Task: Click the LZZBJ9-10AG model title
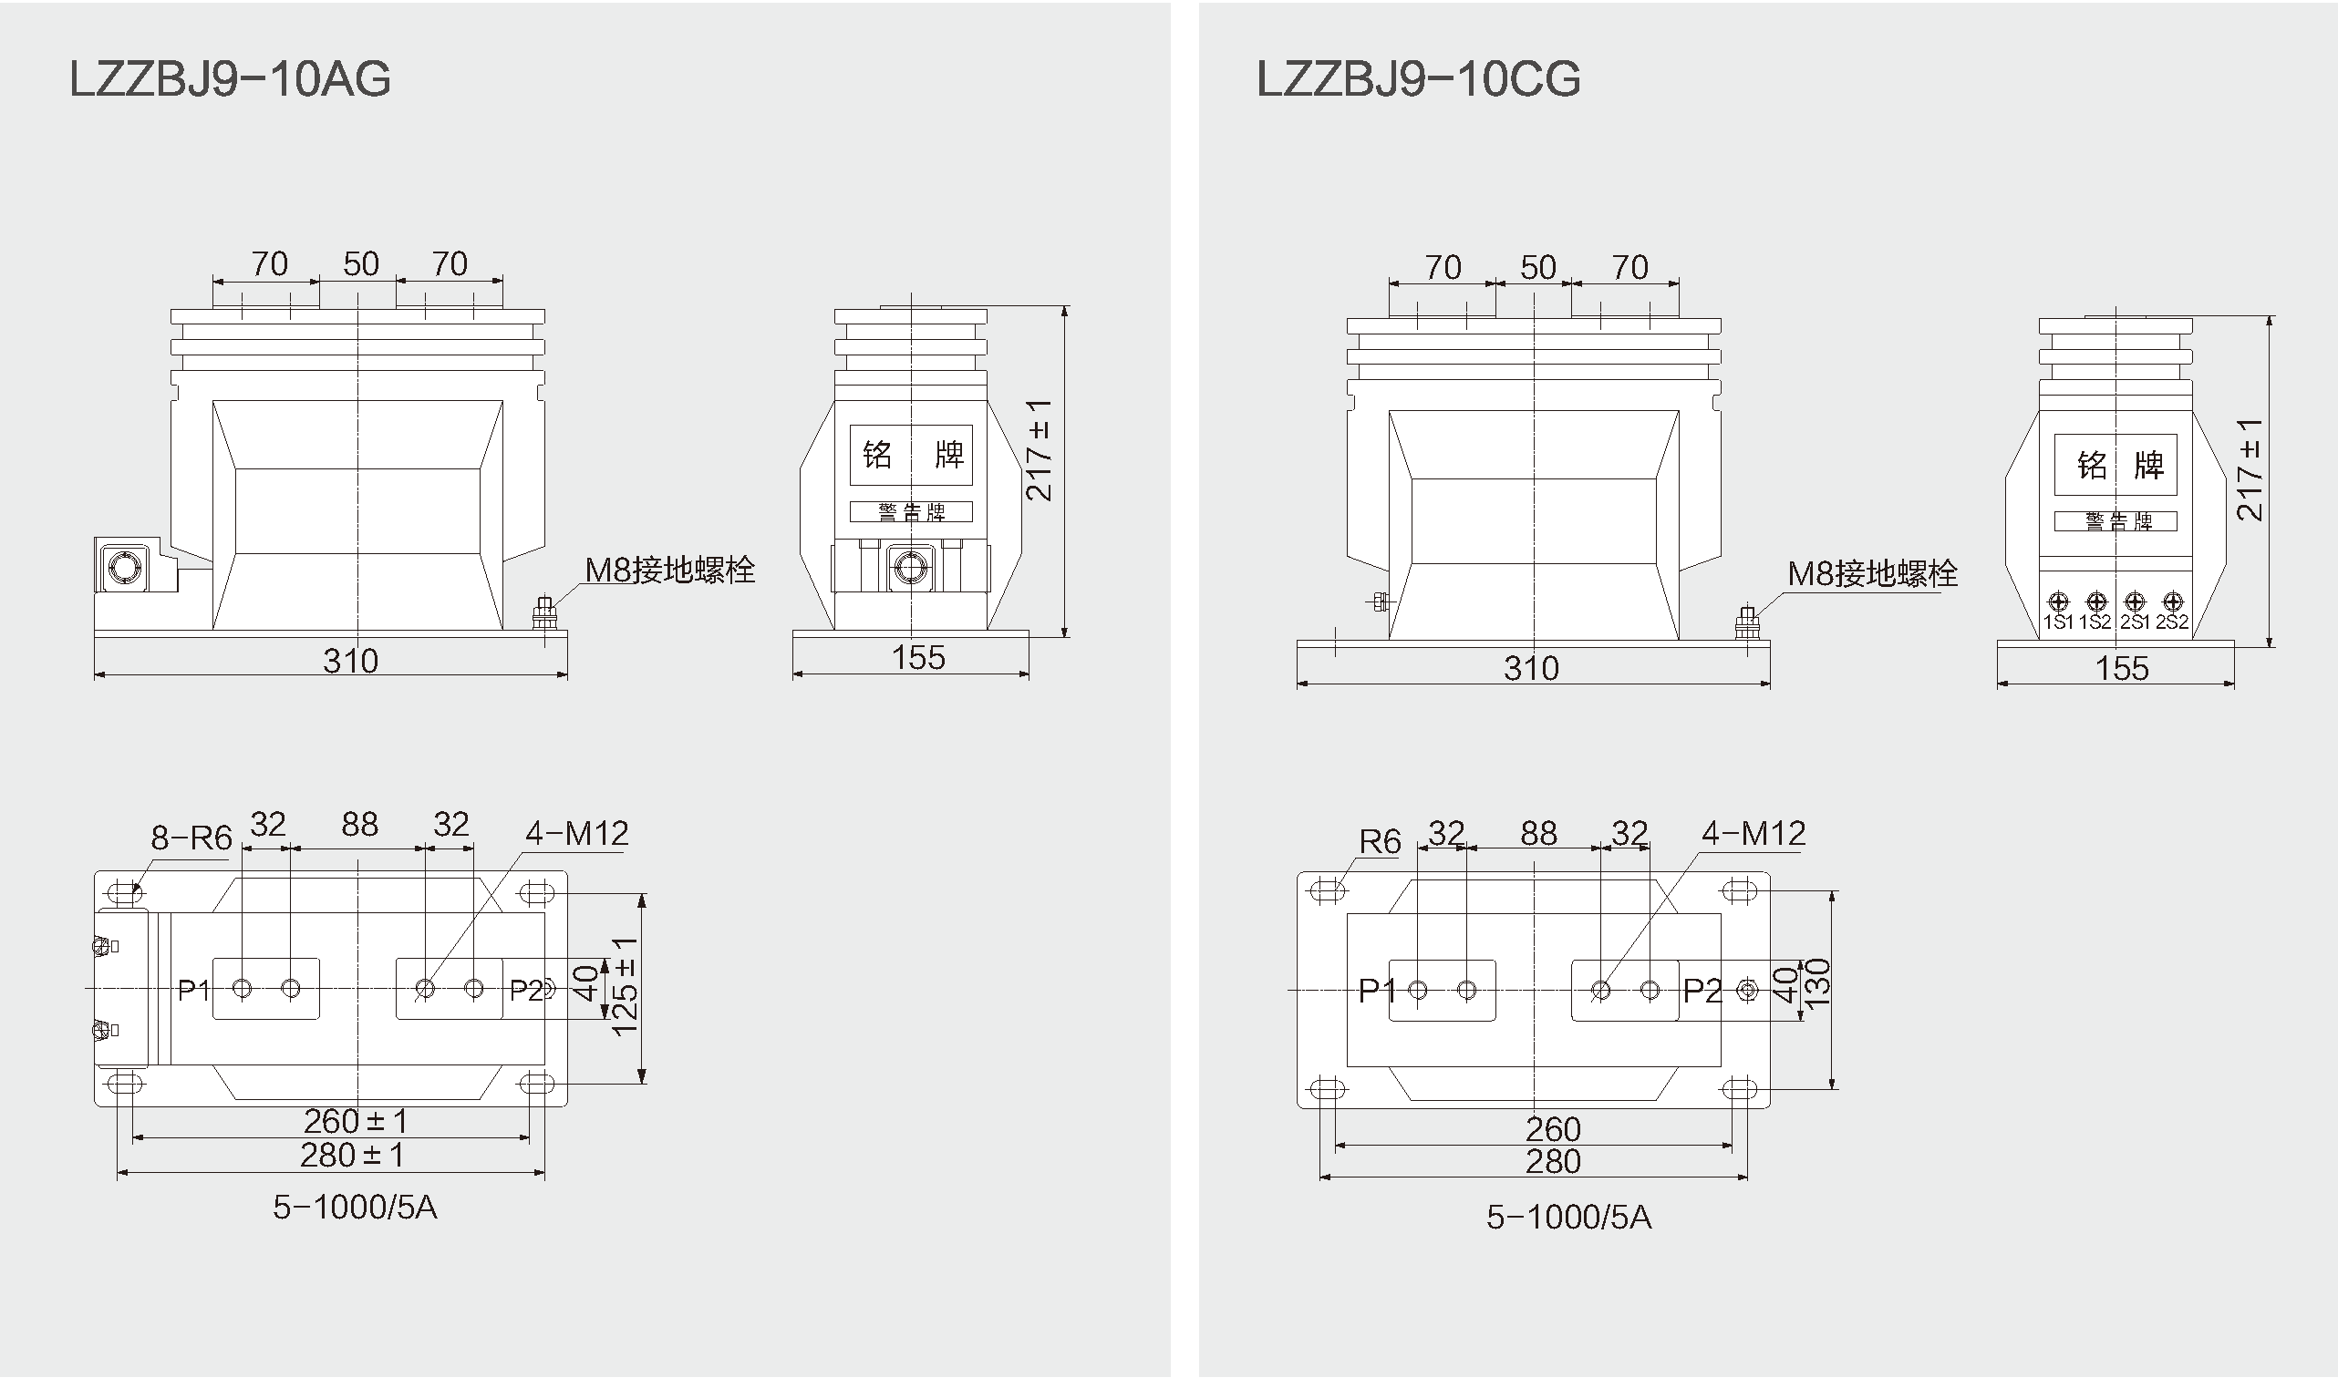pos(231,79)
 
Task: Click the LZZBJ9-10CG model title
pos(1419,79)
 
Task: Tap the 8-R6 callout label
pos(191,838)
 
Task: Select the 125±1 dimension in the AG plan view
pos(626,986)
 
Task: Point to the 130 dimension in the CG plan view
pos(1816,983)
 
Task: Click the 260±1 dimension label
pos(356,1122)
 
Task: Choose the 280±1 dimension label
pos(352,1156)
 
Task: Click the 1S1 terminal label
pos(2058,622)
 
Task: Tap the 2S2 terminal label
pos(2173,622)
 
